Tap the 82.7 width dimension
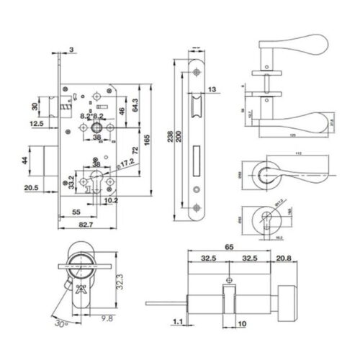pyautogui.click(x=85, y=225)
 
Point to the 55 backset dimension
pyautogui.click(x=76, y=213)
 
